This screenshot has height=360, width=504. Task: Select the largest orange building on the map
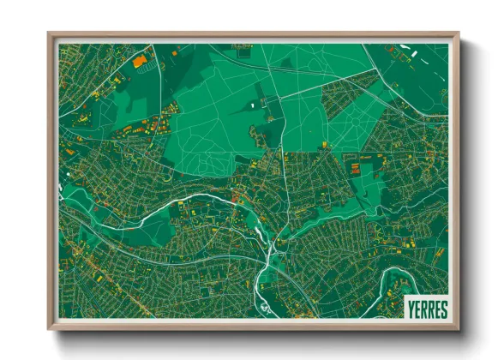[139, 61]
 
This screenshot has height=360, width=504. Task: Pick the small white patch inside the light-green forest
[253, 105]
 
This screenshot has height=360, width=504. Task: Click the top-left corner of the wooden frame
[50, 34]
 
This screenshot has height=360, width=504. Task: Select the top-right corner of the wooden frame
[458, 34]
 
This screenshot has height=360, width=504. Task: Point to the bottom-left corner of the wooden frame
[50, 328]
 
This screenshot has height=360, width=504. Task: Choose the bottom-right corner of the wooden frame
[458, 328]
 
